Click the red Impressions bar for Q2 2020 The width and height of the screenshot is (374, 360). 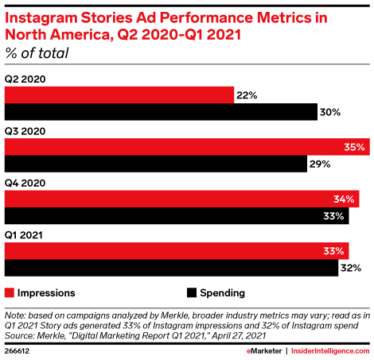point(119,95)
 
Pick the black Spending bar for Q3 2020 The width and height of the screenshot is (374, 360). point(156,165)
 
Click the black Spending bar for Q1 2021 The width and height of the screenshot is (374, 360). point(172,269)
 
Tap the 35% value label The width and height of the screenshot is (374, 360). point(355,147)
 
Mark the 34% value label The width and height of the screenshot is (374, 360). point(345,199)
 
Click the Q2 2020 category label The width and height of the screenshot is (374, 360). point(24,79)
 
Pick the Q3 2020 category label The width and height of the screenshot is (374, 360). point(24,131)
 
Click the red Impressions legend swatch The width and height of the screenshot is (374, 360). point(10,292)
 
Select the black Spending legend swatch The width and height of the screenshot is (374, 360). point(191,292)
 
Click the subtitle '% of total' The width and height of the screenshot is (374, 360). point(37,54)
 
